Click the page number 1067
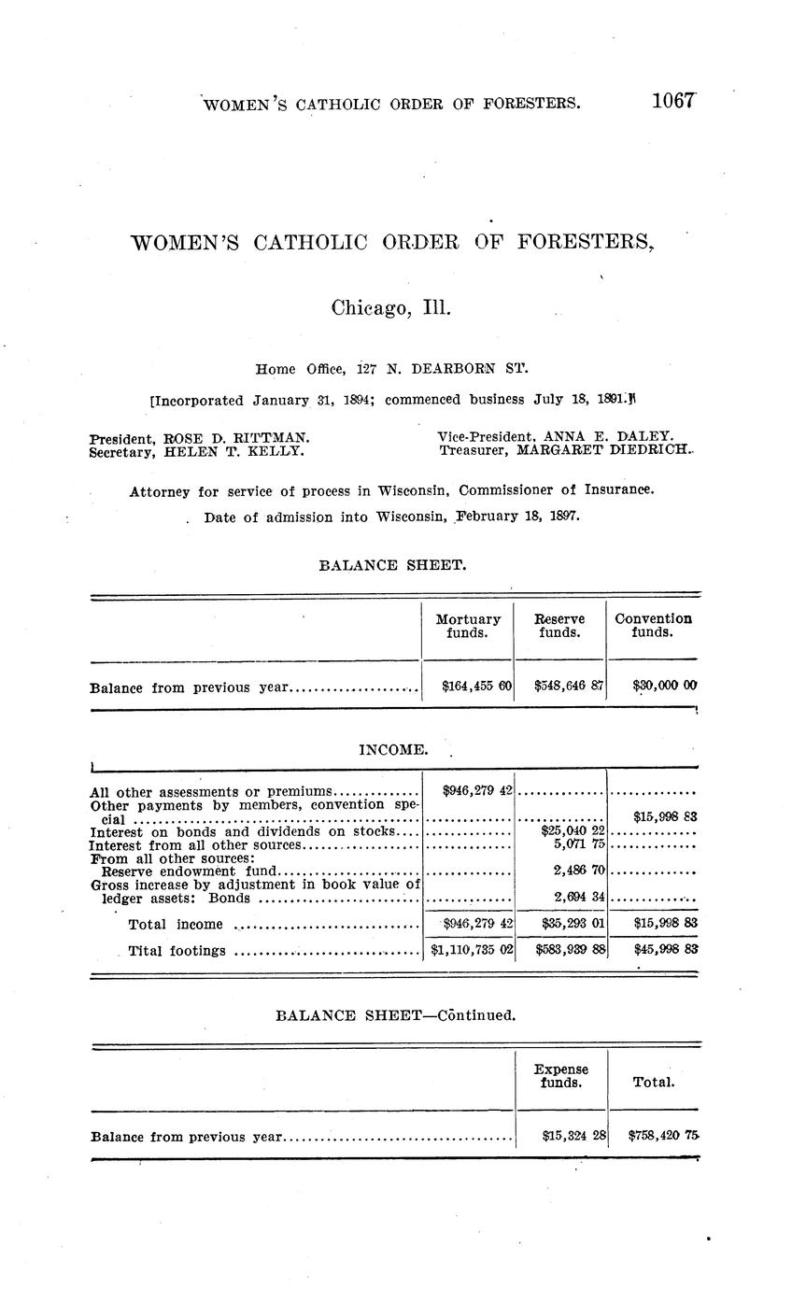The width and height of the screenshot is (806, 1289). [x=674, y=102]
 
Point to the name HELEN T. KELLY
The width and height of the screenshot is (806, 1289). [x=233, y=451]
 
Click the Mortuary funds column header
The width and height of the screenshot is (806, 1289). [x=468, y=626]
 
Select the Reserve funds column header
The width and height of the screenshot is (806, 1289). [x=559, y=626]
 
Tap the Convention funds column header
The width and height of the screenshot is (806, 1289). [x=653, y=626]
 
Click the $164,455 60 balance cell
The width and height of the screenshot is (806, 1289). [x=476, y=687]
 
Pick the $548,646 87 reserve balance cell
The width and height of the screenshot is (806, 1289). [x=569, y=687]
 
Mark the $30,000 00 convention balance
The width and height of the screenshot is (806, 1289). [x=664, y=687]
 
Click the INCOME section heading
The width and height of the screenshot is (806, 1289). [x=393, y=749]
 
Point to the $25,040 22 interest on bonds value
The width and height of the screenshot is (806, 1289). [x=573, y=830]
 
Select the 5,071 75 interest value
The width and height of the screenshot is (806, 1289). [x=580, y=844]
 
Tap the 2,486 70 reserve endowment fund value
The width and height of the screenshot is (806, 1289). [x=580, y=870]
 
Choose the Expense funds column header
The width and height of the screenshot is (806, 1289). [x=561, y=1076]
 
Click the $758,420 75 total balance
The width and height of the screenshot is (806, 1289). [x=664, y=1136]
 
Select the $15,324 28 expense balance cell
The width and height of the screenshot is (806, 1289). [x=573, y=1136]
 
